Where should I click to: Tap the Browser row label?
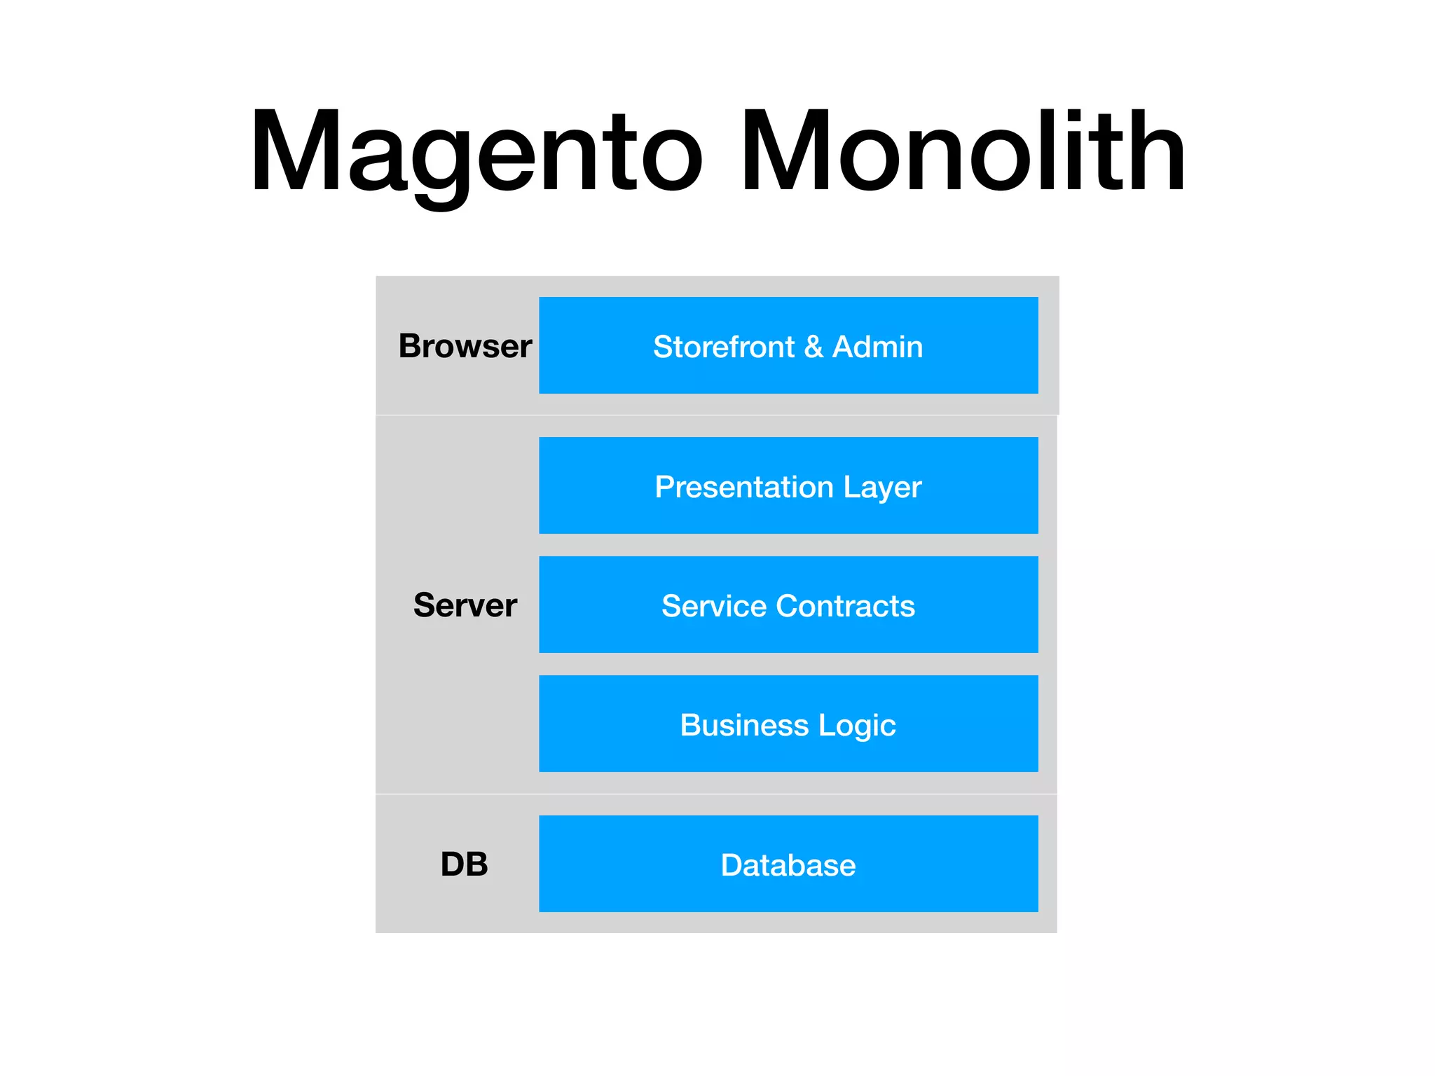pos(465,346)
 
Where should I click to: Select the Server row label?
pos(465,605)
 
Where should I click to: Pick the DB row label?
pos(465,864)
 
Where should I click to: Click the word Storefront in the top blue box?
pos(724,347)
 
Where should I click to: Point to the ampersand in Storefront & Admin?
pos(813,347)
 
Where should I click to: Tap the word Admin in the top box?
pos(877,347)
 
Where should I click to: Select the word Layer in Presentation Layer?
pos(882,487)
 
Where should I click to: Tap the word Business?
pos(744,725)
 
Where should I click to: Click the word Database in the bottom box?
pos(788,865)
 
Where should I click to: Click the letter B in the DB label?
pos(476,864)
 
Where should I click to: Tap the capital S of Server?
pos(426,605)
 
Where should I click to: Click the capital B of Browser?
pos(411,346)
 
